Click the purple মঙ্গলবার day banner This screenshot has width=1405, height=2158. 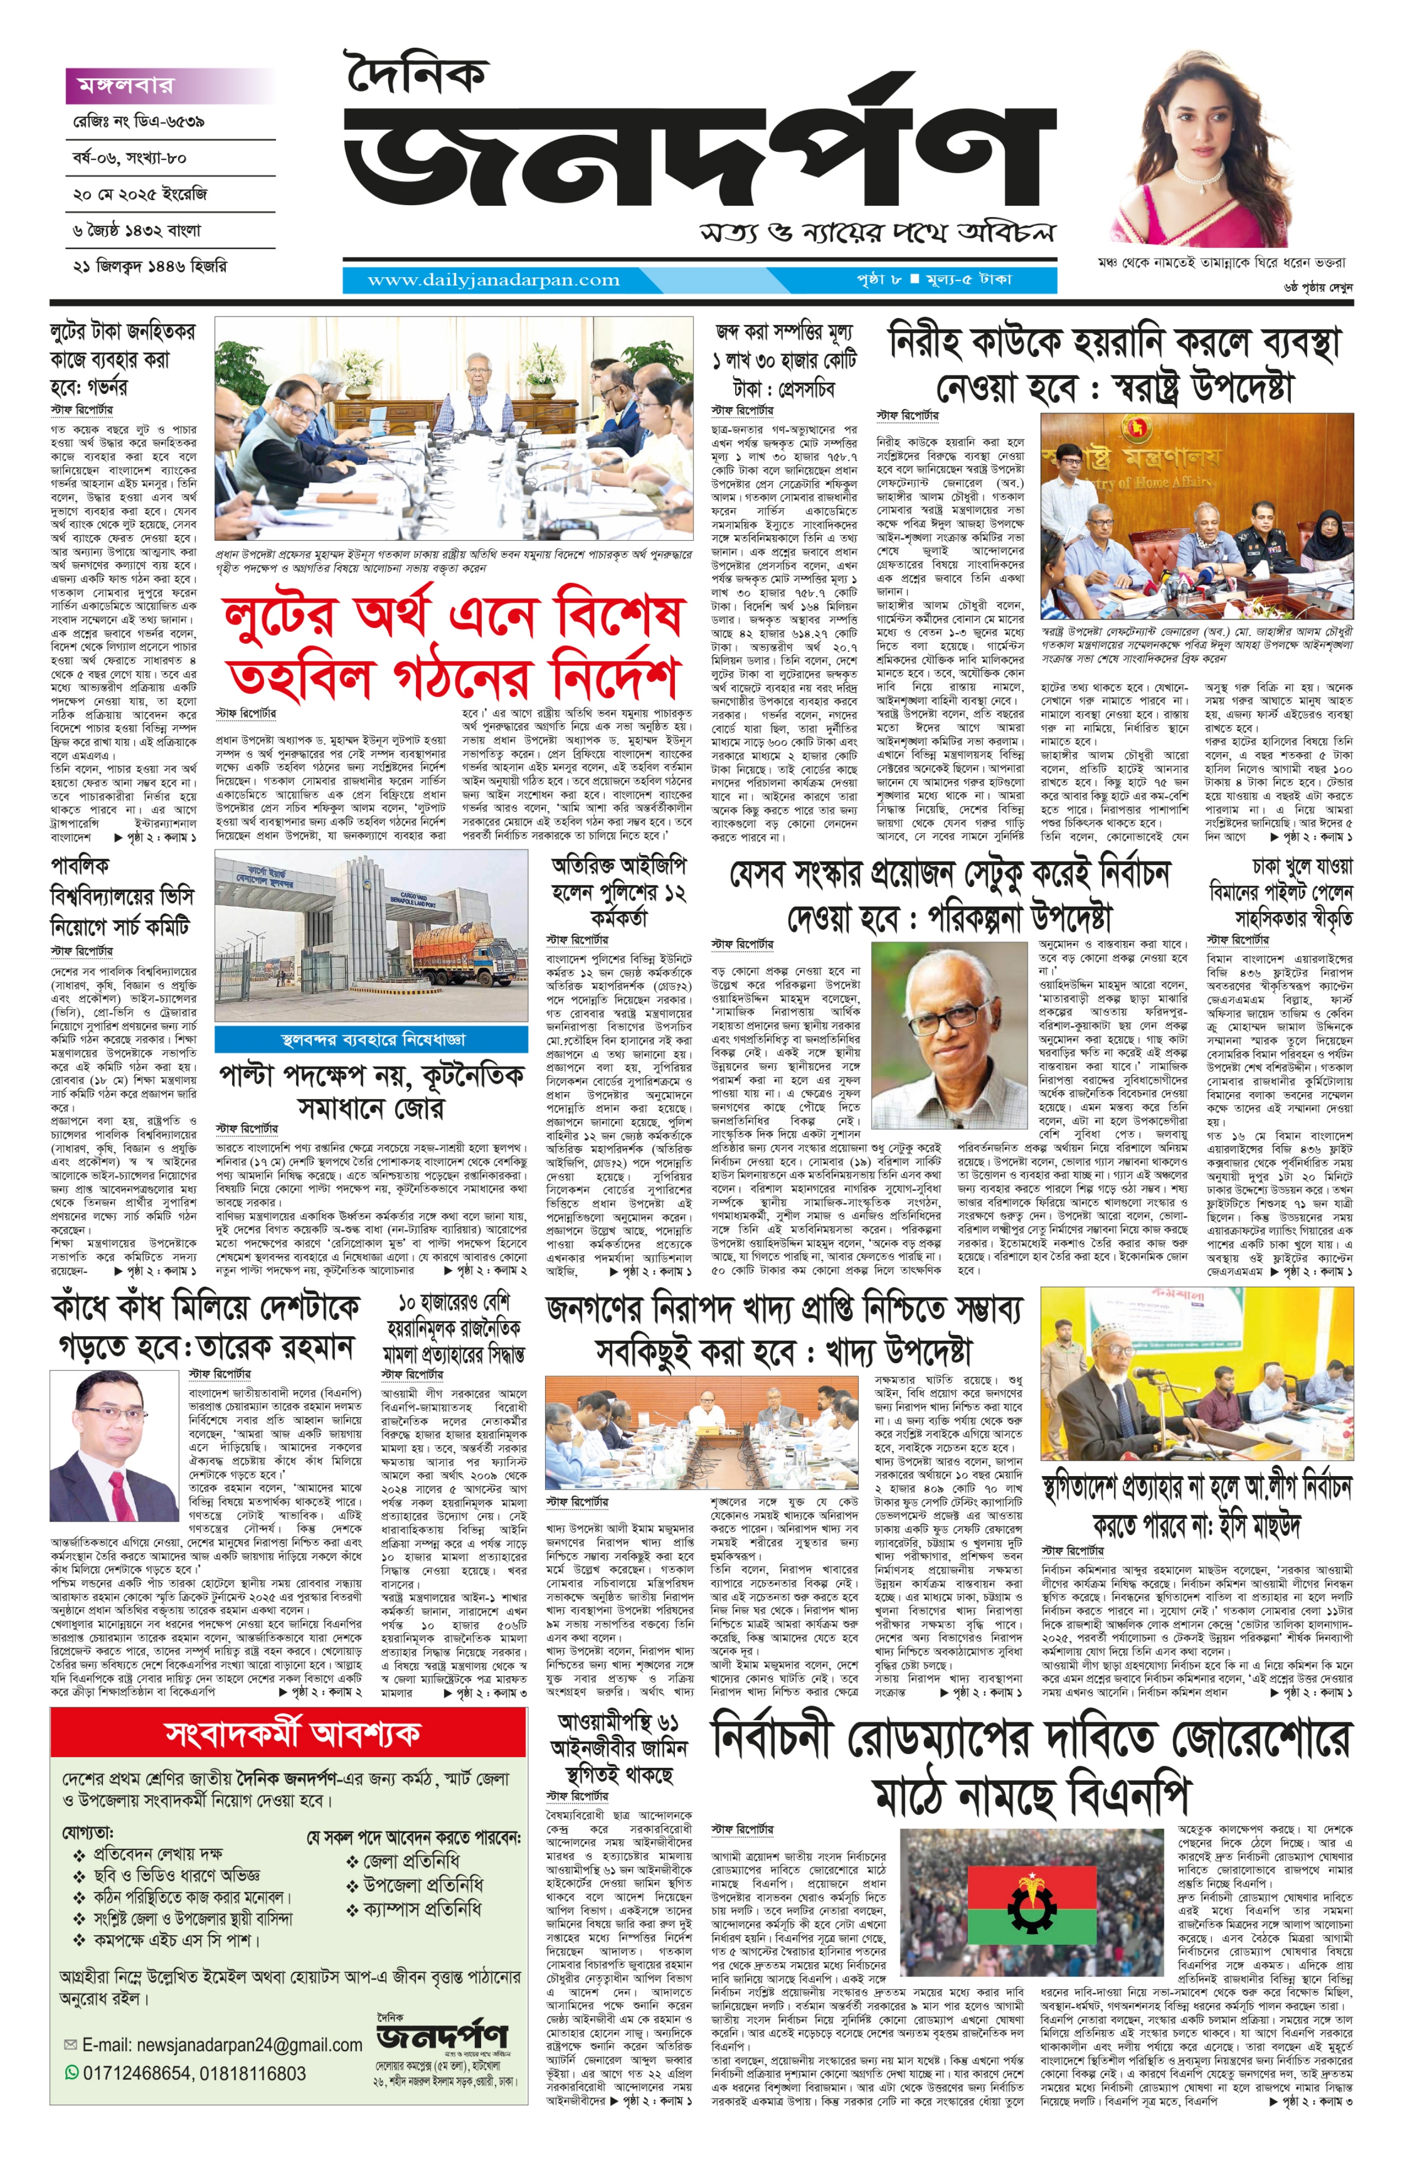coord(170,85)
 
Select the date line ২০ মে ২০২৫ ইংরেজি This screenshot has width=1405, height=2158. coord(140,194)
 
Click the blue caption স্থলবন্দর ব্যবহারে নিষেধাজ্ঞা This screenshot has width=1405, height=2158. coord(371,1038)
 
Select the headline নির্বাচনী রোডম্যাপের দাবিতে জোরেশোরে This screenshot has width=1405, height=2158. coord(1031,1740)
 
